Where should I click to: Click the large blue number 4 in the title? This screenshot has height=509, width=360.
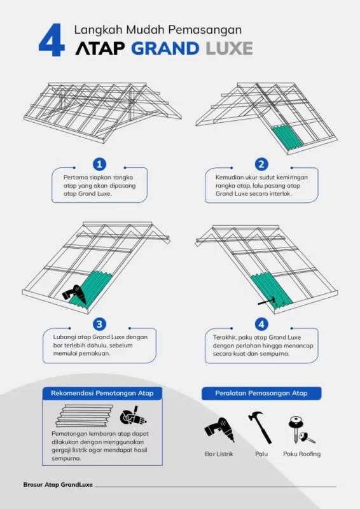click(x=52, y=40)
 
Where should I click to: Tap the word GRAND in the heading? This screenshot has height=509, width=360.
click(x=165, y=49)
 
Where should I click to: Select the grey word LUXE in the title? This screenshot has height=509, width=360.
click(x=229, y=49)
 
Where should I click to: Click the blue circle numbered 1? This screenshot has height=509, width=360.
click(x=99, y=164)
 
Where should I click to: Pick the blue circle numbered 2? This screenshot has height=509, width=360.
click(x=261, y=164)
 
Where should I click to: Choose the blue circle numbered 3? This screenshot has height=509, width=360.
click(x=99, y=324)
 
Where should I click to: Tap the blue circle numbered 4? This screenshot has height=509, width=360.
click(x=261, y=324)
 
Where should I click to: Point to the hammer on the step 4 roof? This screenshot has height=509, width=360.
click(x=268, y=302)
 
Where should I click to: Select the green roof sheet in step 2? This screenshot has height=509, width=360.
click(x=287, y=137)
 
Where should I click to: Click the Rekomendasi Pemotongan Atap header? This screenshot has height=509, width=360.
click(x=102, y=393)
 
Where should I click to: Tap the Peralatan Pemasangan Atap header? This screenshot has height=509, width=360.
click(x=261, y=393)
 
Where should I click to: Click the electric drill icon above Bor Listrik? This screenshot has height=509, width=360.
click(x=219, y=429)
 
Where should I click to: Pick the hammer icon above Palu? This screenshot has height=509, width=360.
click(x=260, y=427)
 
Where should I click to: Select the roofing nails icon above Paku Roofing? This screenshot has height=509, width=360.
click(x=301, y=429)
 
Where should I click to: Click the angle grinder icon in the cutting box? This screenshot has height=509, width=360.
click(x=133, y=416)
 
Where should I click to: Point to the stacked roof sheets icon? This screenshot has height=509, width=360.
click(x=85, y=415)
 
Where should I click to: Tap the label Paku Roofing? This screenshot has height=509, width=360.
click(x=302, y=454)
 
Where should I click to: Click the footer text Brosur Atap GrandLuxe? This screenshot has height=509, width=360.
click(x=58, y=485)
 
